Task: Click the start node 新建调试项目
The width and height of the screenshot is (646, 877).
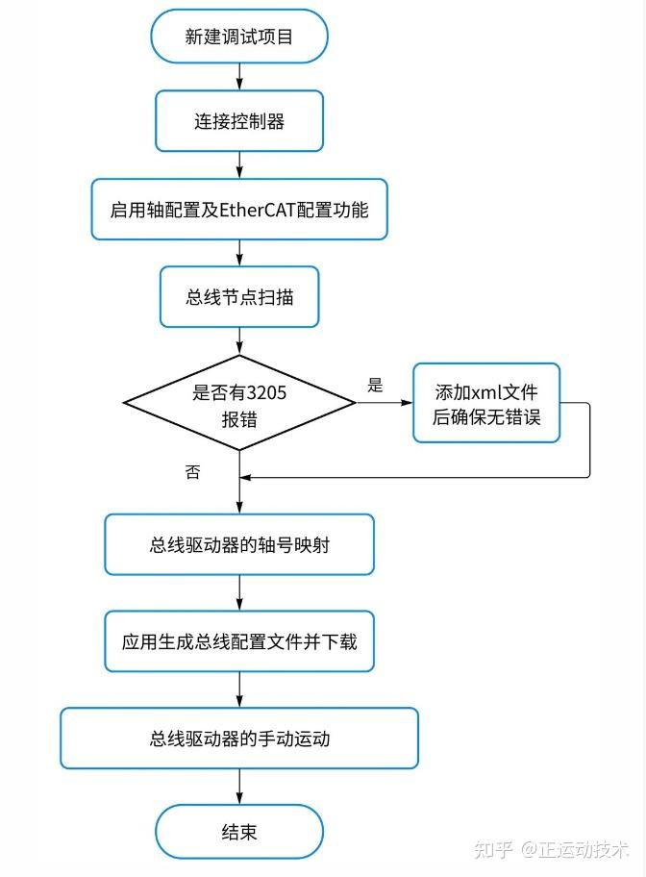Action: click(239, 37)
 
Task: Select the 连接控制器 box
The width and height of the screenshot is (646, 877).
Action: click(239, 122)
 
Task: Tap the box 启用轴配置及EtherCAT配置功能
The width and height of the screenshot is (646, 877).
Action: click(239, 209)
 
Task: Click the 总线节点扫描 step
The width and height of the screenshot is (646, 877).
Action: click(239, 297)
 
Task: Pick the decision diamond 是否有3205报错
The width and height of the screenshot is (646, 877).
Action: click(239, 403)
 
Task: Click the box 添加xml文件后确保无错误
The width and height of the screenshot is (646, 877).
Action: click(486, 403)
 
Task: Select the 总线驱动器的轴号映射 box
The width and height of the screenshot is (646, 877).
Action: click(239, 544)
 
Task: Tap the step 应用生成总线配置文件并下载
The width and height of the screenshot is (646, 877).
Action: click(239, 640)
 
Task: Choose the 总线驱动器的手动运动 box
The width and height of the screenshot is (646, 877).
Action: click(239, 739)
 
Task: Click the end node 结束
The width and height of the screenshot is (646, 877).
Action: click(239, 831)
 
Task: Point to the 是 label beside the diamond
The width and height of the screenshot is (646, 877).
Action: click(375, 386)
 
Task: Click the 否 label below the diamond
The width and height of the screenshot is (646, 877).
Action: click(192, 472)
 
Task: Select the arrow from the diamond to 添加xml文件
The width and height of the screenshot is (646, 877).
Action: click(385, 403)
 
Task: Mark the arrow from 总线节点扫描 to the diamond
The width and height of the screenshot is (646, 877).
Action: click(239, 341)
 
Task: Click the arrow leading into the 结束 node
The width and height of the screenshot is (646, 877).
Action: click(239, 786)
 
